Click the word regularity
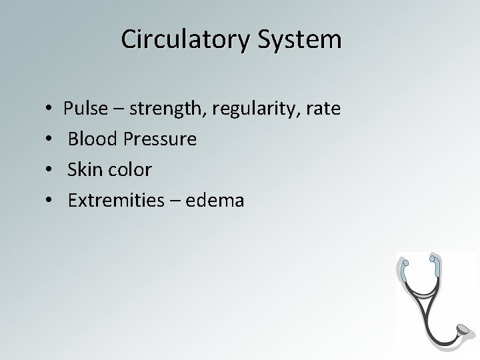[259, 109]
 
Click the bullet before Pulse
[51, 109]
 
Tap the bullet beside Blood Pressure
[51, 139]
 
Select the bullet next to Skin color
[51, 170]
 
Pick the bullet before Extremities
[51, 201]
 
